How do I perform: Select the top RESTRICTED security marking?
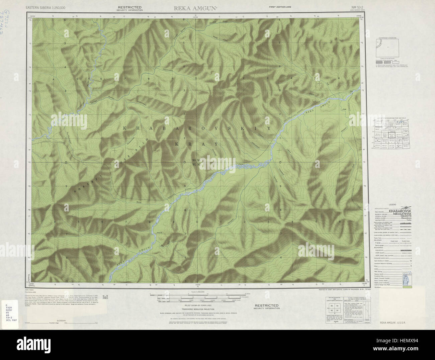130,7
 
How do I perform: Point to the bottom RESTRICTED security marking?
266,305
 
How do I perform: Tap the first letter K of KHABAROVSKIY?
125,128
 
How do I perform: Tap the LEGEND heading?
392,204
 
